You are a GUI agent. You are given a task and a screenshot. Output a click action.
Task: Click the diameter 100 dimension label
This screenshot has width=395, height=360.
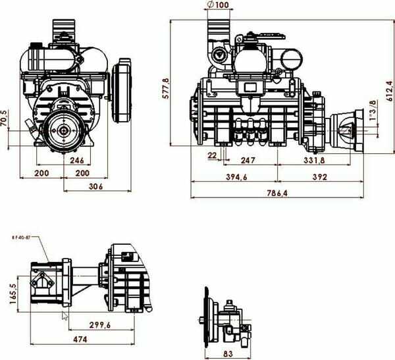[x=220, y=5]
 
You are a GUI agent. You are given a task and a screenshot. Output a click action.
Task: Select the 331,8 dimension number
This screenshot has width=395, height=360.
[x=314, y=160]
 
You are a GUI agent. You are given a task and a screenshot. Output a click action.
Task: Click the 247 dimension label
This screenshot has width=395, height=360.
[x=248, y=160]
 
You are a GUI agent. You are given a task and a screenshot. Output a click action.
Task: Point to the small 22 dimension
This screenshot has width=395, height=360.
[x=212, y=155]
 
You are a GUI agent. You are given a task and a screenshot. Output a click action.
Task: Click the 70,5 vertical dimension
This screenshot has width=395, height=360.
[x=4, y=119]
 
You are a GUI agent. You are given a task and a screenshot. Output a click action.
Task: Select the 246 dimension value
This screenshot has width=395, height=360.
[x=78, y=160]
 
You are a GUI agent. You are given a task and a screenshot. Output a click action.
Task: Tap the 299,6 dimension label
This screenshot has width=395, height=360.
[x=100, y=325]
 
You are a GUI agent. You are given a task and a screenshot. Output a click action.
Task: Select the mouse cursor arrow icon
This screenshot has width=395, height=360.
[x=65, y=315]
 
